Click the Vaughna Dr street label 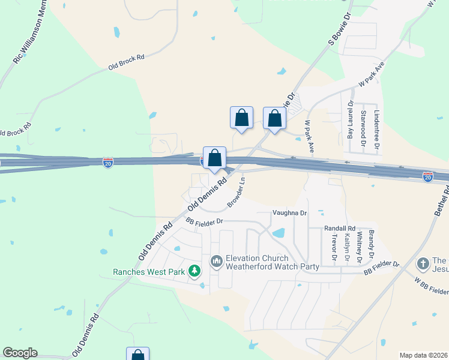coord(289,212)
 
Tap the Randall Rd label coord(340,228)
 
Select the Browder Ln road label coord(237,193)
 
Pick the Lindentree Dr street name coord(377,129)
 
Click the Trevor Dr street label coord(334,248)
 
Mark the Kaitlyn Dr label coord(347,249)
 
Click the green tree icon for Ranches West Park coord(194,272)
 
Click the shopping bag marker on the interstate coord(214,158)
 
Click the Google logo coord(20,353)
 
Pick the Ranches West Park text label coord(149,272)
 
